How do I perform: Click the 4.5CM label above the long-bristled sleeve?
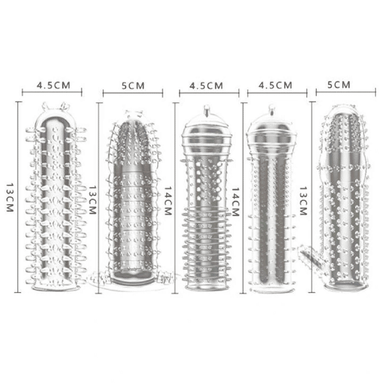click(x=52, y=85)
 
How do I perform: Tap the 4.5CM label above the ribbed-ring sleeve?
click(x=206, y=85)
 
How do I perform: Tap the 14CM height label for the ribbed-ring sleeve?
click(x=168, y=200)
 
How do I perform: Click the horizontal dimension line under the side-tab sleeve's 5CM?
click(x=345, y=92)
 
